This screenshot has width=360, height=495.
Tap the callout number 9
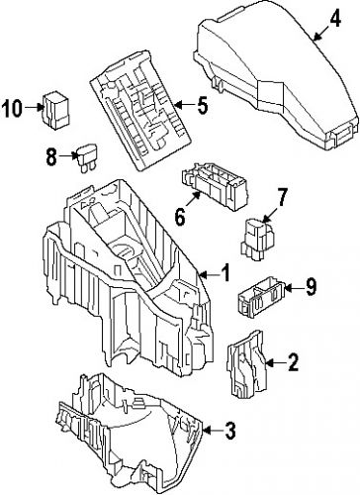tap(310, 288)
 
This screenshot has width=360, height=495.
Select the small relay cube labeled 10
tap(55, 108)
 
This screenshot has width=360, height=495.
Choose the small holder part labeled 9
tap(263, 293)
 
